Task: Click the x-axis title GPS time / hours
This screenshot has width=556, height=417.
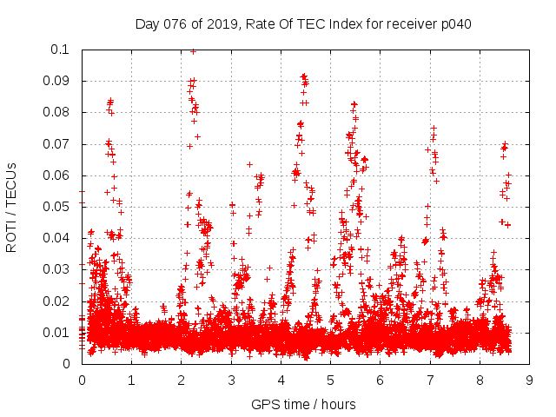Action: [303, 404]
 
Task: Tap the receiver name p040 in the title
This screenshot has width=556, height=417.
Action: [454, 23]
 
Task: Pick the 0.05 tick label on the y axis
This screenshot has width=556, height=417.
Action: [58, 207]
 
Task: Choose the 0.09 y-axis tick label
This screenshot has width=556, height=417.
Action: [58, 81]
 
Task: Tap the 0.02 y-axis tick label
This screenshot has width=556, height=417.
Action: [58, 301]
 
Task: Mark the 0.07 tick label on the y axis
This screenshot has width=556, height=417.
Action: [58, 143]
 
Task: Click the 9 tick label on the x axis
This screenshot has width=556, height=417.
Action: [529, 380]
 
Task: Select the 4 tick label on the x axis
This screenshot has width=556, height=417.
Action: [281, 380]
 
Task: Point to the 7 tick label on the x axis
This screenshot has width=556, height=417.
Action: [430, 380]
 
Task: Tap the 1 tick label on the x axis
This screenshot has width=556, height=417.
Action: [131, 380]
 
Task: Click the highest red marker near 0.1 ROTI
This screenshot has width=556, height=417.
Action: [193, 51]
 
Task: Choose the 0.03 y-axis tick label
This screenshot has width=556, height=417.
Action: [58, 269]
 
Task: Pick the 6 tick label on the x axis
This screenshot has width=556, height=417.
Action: [380, 380]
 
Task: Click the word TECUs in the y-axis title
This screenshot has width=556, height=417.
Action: [11, 184]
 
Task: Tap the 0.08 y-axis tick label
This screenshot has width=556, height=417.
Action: [58, 112]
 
